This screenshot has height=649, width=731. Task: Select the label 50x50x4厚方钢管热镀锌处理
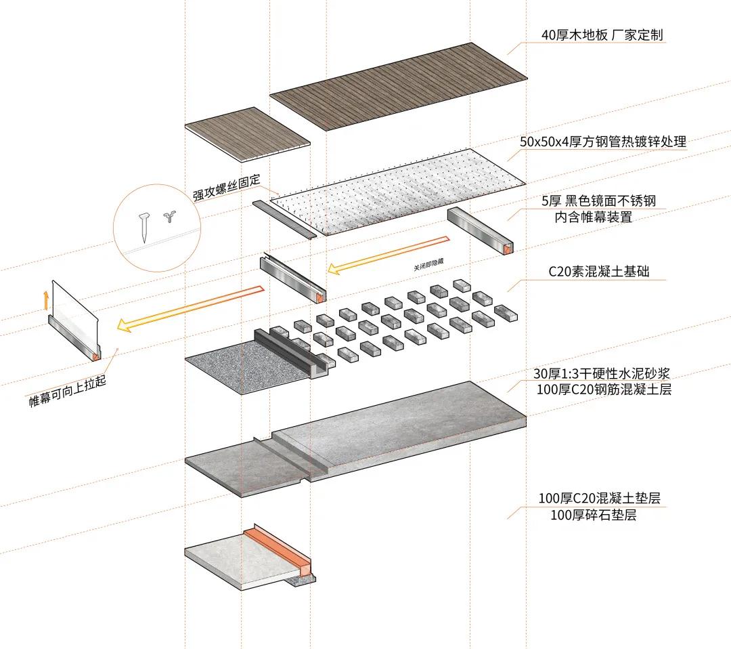coord(603,142)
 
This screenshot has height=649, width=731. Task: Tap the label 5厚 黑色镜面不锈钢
coord(598,201)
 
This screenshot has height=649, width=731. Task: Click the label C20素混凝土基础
coord(598,272)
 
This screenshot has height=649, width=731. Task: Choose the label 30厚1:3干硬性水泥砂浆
coord(602,374)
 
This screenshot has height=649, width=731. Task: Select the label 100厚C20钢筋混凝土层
coord(603,390)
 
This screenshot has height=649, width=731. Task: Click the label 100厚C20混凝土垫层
coord(599,499)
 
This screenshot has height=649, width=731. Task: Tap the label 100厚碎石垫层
coord(594,515)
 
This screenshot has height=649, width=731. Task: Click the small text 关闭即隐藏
coord(431,265)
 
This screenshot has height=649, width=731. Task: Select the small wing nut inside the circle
coord(168,218)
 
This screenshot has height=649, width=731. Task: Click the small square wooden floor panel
coord(247,133)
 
